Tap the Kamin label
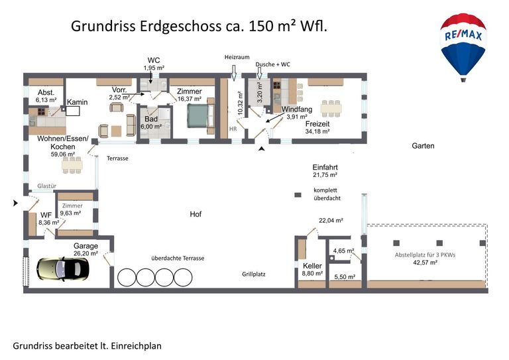click(x=78, y=102)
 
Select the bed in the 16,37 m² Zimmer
click(x=198, y=117)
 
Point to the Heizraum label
click(x=236, y=58)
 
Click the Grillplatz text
click(x=253, y=272)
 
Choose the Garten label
click(x=423, y=146)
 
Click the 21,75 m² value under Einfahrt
click(x=325, y=176)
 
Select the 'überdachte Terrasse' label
click(x=178, y=258)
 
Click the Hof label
click(x=196, y=215)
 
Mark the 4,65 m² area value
click(x=343, y=251)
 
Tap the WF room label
click(x=45, y=215)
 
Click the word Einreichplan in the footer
click(x=137, y=345)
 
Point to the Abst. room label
click(x=46, y=92)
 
